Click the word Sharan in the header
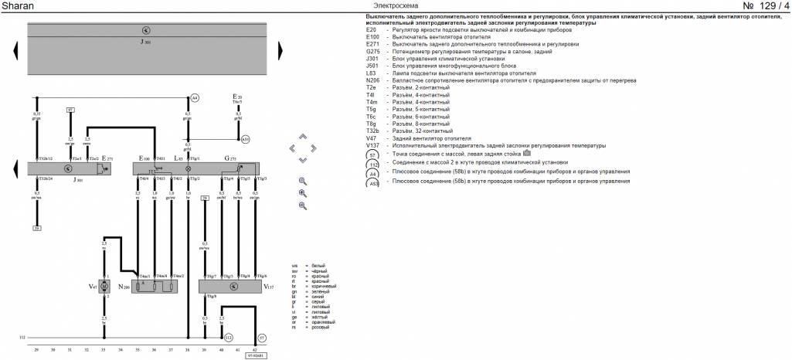18,7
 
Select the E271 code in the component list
373,44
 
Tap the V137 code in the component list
373,145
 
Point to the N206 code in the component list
373,80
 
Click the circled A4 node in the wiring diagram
195,98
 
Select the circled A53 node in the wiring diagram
245,139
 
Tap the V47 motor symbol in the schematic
104,287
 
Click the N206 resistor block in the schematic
155,287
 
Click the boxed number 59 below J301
36,228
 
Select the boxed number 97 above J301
70,110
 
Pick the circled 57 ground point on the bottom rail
262,338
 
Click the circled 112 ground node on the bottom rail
228,338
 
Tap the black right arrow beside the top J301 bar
280,50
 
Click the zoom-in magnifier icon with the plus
303,193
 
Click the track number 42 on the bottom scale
256,350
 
